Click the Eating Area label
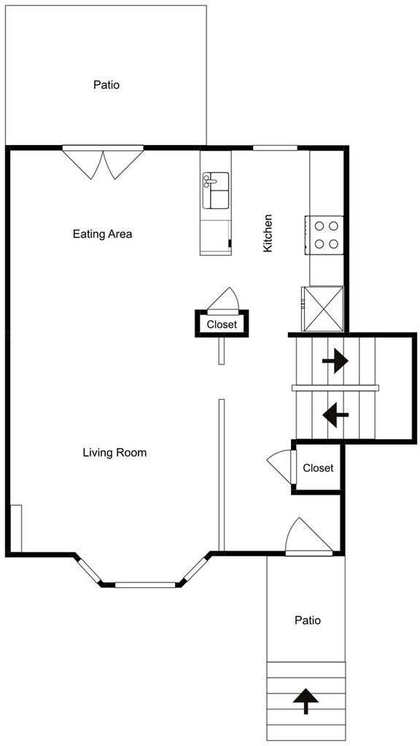tap(102, 234)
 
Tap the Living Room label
tap(114, 452)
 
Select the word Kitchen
tap(268, 233)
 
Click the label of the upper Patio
tap(106, 85)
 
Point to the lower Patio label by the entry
tap(308, 621)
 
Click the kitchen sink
tap(216, 190)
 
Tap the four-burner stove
tap(324, 235)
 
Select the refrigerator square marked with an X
tap(322, 308)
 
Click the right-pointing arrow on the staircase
tap(335, 361)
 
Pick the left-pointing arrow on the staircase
tap(335, 415)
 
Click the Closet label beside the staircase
tap(319, 468)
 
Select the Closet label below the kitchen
tap(222, 325)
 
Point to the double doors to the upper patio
tap(104, 162)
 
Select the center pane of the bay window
tap(145, 585)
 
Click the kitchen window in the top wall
tap(275, 148)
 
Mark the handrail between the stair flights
tap(335, 388)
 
